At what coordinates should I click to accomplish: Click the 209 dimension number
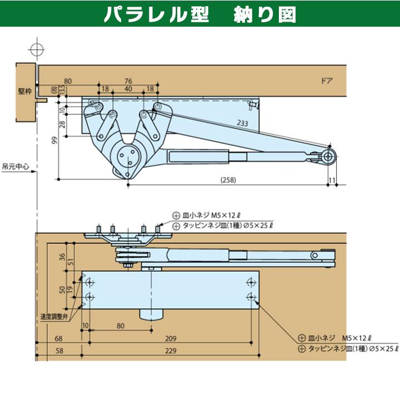(171, 337)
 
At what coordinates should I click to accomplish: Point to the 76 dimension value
(128, 81)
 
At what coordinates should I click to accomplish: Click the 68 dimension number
(58, 337)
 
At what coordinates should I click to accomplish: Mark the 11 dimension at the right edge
(332, 180)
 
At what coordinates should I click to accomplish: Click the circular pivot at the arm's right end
(328, 157)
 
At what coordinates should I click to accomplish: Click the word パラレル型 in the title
(149, 14)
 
